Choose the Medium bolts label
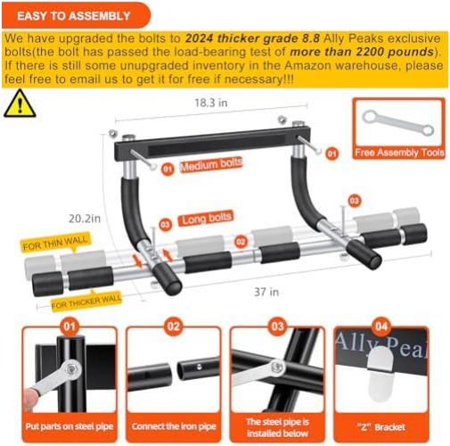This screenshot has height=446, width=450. (211, 165)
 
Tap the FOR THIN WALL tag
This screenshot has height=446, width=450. (54, 243)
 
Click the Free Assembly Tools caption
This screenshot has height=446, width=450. (397, 153)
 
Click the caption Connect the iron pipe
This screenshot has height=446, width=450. (173, 426)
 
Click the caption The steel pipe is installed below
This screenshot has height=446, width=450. (278, 426)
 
